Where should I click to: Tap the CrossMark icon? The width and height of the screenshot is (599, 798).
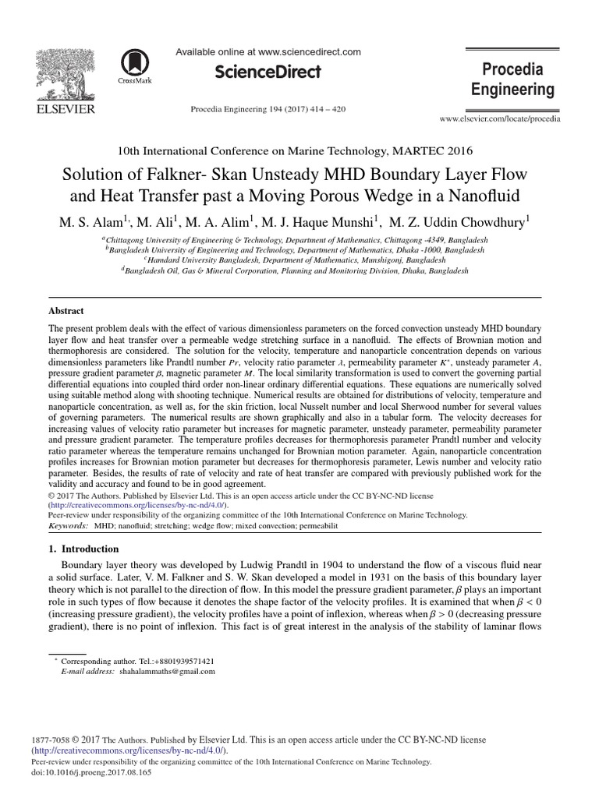pyautogui.click(x=135, y=63)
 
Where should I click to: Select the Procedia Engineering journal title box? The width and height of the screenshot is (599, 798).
pyautogui.click(x=512, y=79)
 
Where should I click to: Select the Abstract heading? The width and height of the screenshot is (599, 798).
pyautogui.click(x=66, y=310)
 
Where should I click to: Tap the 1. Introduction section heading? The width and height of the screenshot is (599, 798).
pyautogui.click(x=83, y=549)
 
